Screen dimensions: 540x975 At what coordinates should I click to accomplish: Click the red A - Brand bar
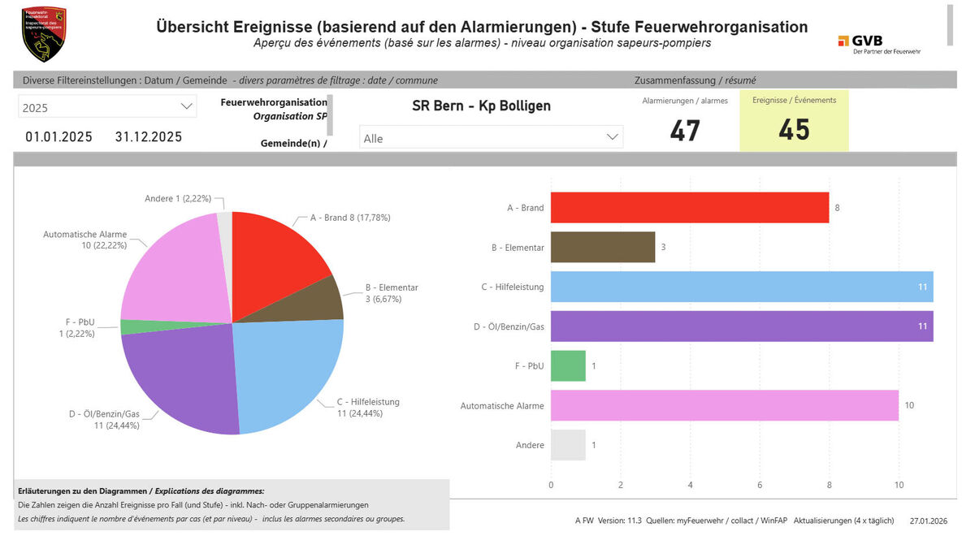(x=689, y=207)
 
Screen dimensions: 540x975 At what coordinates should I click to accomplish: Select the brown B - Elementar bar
(x=602, y=247)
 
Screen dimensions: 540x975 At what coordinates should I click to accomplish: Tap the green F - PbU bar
(x=568, y=366)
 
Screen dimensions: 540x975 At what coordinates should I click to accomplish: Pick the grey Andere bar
(x=568, y=445)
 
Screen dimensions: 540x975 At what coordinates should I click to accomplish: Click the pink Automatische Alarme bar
(x=724, y=405)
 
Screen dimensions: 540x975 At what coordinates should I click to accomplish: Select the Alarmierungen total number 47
(x=685, y=130)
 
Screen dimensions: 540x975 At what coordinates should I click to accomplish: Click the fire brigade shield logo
(x=44, y=34)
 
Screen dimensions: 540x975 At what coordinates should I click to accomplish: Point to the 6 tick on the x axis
(x=760, y=486)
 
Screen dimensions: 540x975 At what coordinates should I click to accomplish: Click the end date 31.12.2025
(x=149, y=136)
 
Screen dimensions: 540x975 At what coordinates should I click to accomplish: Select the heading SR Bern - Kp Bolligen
(x=481, y=106)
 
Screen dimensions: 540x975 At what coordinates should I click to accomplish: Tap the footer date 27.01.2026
(x=928, y=521)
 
